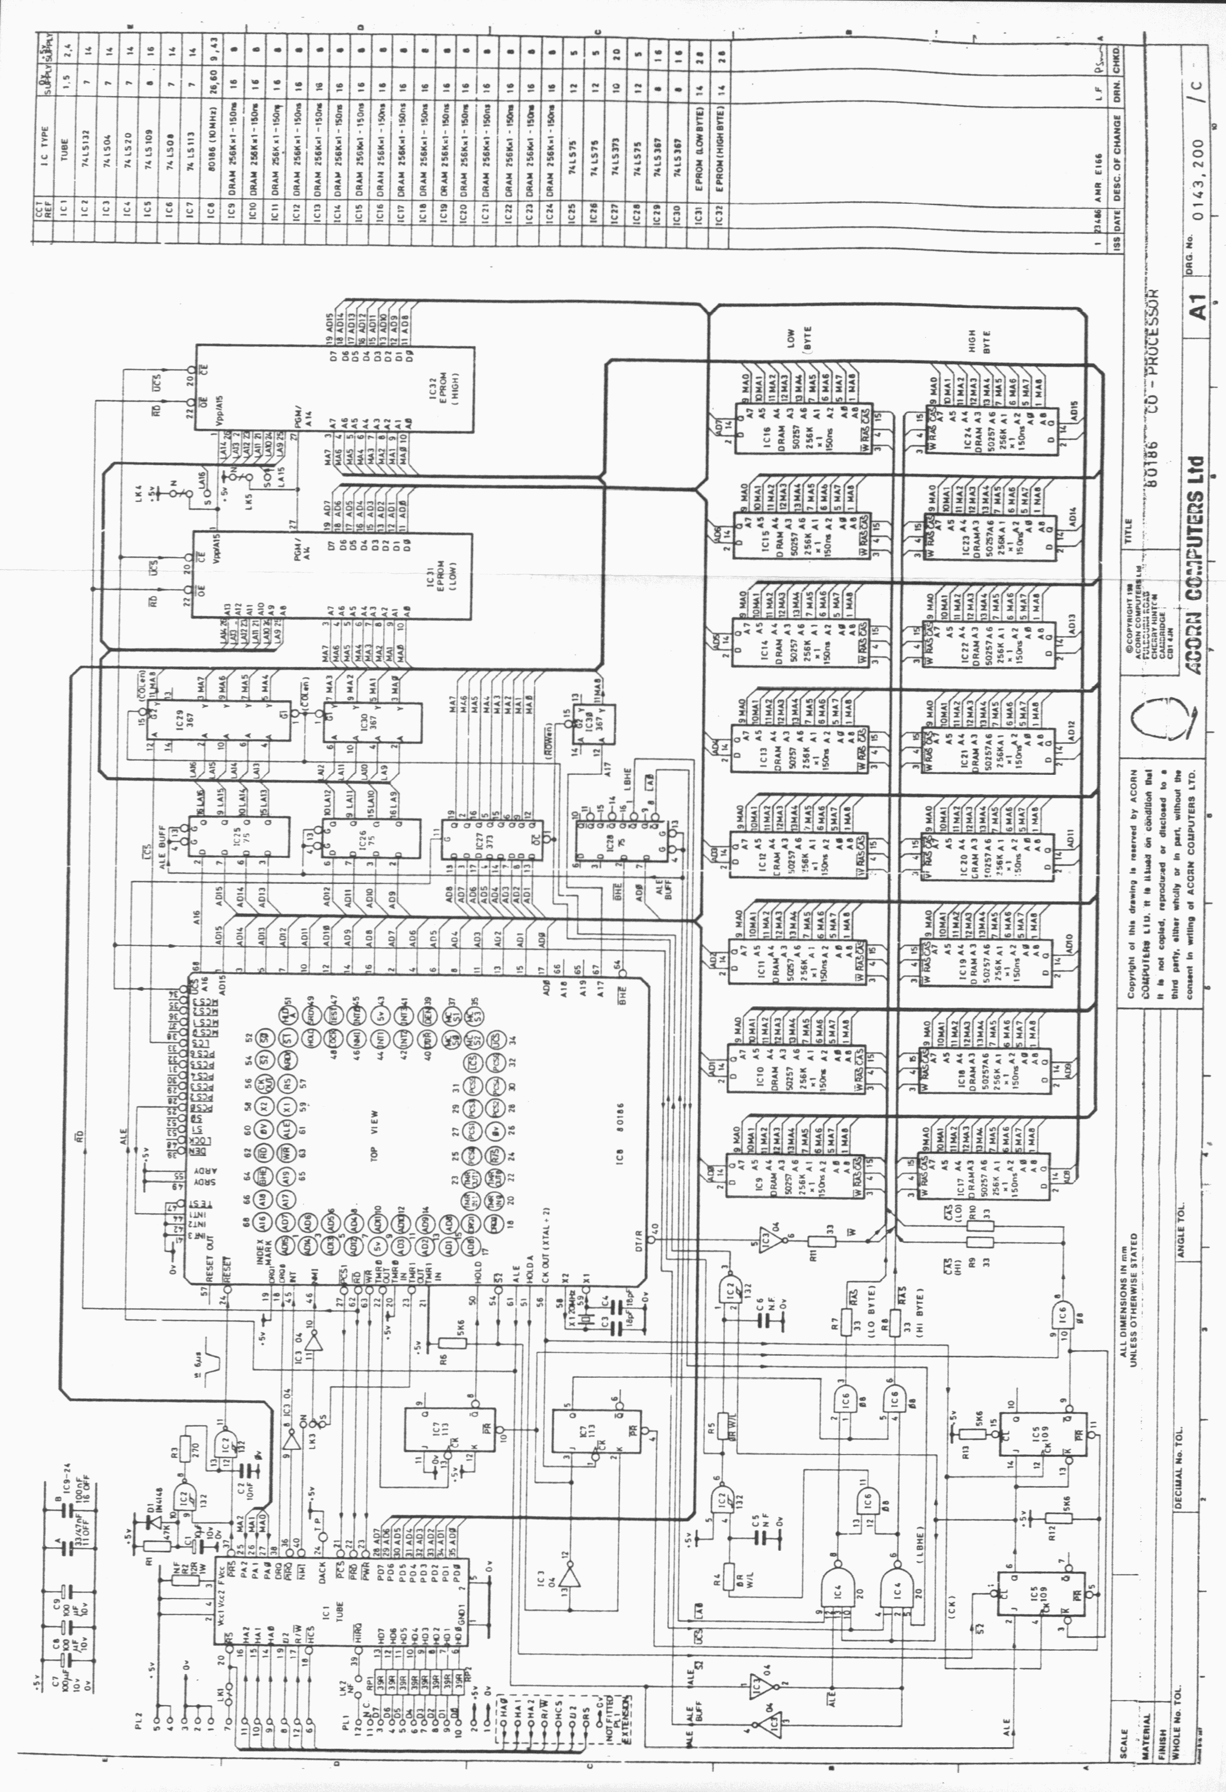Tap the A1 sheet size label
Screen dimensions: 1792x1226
click(x=1198, y=308)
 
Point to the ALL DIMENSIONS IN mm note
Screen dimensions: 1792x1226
click(x=1128, y=1303)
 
